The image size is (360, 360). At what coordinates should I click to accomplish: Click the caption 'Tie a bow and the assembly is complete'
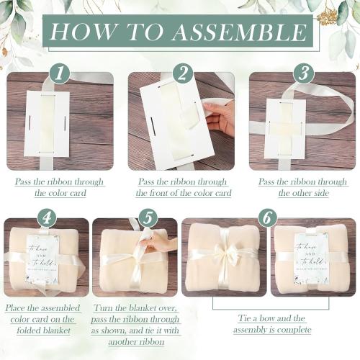tap(272, 323)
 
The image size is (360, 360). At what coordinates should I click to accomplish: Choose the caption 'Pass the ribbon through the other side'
tap(302, 187)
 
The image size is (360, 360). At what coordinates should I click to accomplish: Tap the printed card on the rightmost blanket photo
tap(311, 257)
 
